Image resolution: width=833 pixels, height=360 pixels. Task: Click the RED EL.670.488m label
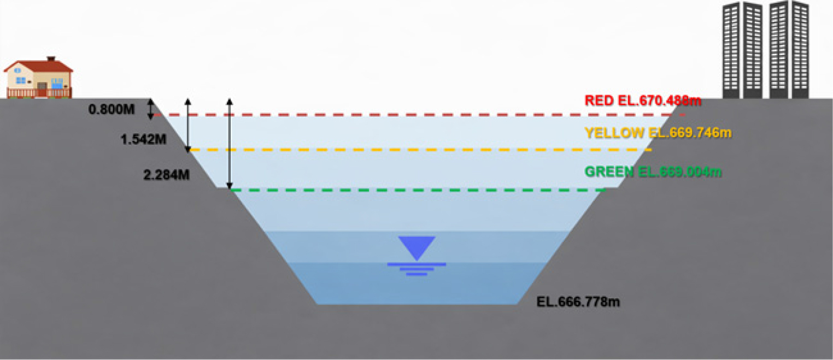(x=643, y=101)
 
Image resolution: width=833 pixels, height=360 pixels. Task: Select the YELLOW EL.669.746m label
(x=658, y=133)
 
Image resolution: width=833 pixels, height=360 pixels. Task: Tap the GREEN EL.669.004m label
(x=653, y=172)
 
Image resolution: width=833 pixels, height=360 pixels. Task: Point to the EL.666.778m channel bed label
(x=578, y=302)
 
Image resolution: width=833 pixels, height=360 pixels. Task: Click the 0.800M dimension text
(x=112, y=109)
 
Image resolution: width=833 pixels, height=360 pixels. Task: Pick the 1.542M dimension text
(x=144, y=139)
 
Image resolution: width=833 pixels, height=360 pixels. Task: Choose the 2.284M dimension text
(x=166, y=175)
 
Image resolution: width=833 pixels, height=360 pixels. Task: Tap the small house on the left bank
(x=38, y=77)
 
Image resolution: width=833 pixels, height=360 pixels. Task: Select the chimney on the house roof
(x=51, y=58)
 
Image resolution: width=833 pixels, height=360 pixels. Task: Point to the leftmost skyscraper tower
(x=731, y=50)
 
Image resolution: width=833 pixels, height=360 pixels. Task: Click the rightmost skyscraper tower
(x=800, y=50)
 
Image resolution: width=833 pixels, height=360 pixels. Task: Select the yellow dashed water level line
(x=420, y=150)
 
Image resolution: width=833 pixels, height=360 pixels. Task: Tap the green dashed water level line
(x=418, y=190)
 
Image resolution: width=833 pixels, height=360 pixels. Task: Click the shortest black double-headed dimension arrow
(x=150, y=109)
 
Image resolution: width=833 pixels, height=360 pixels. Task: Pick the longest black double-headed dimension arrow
(x=230, y=144)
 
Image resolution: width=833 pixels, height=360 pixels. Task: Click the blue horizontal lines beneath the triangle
(x=416, y=269)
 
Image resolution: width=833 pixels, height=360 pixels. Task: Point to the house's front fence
(x=39, y=93)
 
